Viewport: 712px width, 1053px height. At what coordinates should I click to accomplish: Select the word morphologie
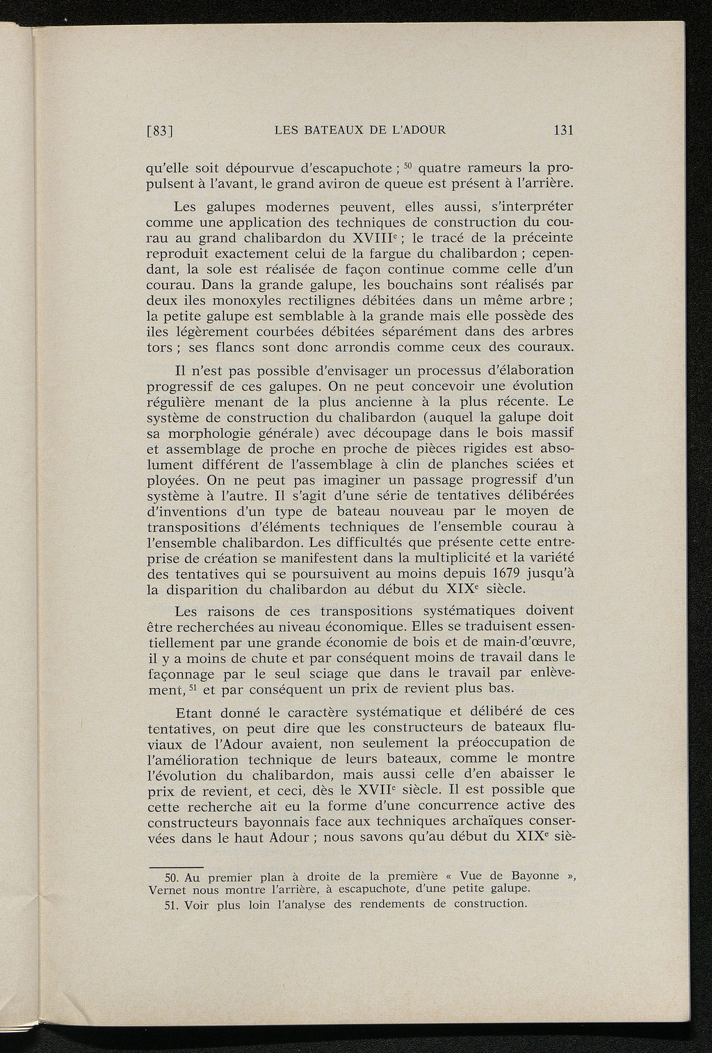210,433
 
